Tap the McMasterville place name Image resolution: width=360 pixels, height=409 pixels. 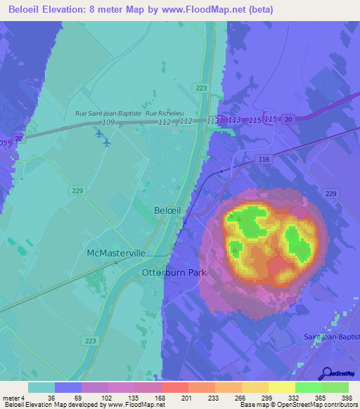(116, 252)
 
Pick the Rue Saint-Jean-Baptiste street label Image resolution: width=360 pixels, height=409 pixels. (108, 112)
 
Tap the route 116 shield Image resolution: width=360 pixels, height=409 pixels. (264, 161)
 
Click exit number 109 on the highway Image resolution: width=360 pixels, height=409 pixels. (108, 122)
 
